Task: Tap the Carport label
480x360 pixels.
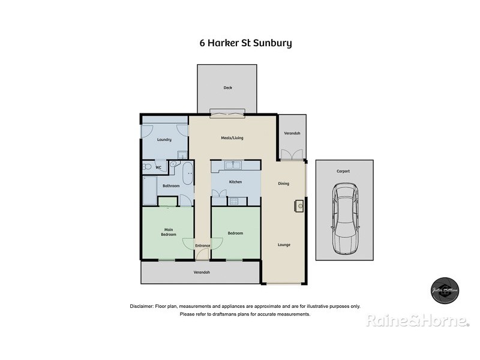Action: [x=343, y=171]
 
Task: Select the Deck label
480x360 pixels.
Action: [x=227, y=88]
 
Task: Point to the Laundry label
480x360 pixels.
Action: [x=164, y=140]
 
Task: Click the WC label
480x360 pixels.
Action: [x=158, y=167]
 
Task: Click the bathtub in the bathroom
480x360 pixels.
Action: [x=187, y=173]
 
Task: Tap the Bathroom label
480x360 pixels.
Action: [x=171, y=186]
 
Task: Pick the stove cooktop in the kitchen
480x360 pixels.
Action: [x=232, y=201]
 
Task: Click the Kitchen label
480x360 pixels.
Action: [x=235, y=182]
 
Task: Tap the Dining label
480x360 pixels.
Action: [x=283, y=184]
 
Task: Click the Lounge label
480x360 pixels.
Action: [x=284, y=244]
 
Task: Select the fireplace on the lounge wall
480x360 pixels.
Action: [x=299, y=206]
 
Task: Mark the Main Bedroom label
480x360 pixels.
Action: [x=168, y=232]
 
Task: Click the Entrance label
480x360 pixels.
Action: [x=202, y=245]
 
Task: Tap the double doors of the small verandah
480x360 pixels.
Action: [x=291, y=155]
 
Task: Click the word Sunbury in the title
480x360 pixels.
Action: [x=271, y=43]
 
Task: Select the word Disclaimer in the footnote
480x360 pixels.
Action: [x=142, y=306]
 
